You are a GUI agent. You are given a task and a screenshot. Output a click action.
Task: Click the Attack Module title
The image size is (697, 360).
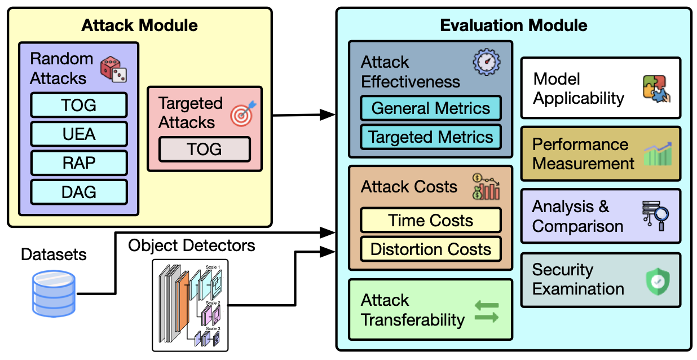(139, 25)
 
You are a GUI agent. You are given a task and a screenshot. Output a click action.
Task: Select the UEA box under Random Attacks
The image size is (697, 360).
(79, 134)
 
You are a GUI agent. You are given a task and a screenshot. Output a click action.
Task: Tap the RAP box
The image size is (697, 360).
(79, 163)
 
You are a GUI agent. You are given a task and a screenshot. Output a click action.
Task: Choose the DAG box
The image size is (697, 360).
(79, 192)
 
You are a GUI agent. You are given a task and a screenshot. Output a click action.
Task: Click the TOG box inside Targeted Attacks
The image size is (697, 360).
(204, 149)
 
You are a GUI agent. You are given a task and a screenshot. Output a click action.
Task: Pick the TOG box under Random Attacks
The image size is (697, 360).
(79, 105)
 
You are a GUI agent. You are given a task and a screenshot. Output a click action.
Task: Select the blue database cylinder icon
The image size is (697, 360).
(53, 293)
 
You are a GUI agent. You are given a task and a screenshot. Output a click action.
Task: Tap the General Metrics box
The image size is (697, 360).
(431, 108)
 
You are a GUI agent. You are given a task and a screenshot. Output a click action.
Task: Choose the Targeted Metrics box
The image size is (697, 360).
(431, 137)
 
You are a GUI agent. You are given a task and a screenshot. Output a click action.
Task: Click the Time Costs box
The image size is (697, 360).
(431, 220)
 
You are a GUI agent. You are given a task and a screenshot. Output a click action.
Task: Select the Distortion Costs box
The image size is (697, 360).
(431, 249)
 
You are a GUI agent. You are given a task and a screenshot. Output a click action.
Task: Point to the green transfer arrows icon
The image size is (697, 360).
(487, 311)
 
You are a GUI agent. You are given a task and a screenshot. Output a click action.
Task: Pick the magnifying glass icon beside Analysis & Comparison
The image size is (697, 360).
(655, 216)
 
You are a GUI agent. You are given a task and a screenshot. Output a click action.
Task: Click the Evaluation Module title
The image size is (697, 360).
(513, 25)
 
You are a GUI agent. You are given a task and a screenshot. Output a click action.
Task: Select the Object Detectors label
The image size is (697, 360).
(192, 245)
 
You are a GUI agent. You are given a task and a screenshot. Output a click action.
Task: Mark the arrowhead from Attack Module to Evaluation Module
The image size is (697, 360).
(328, 115)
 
